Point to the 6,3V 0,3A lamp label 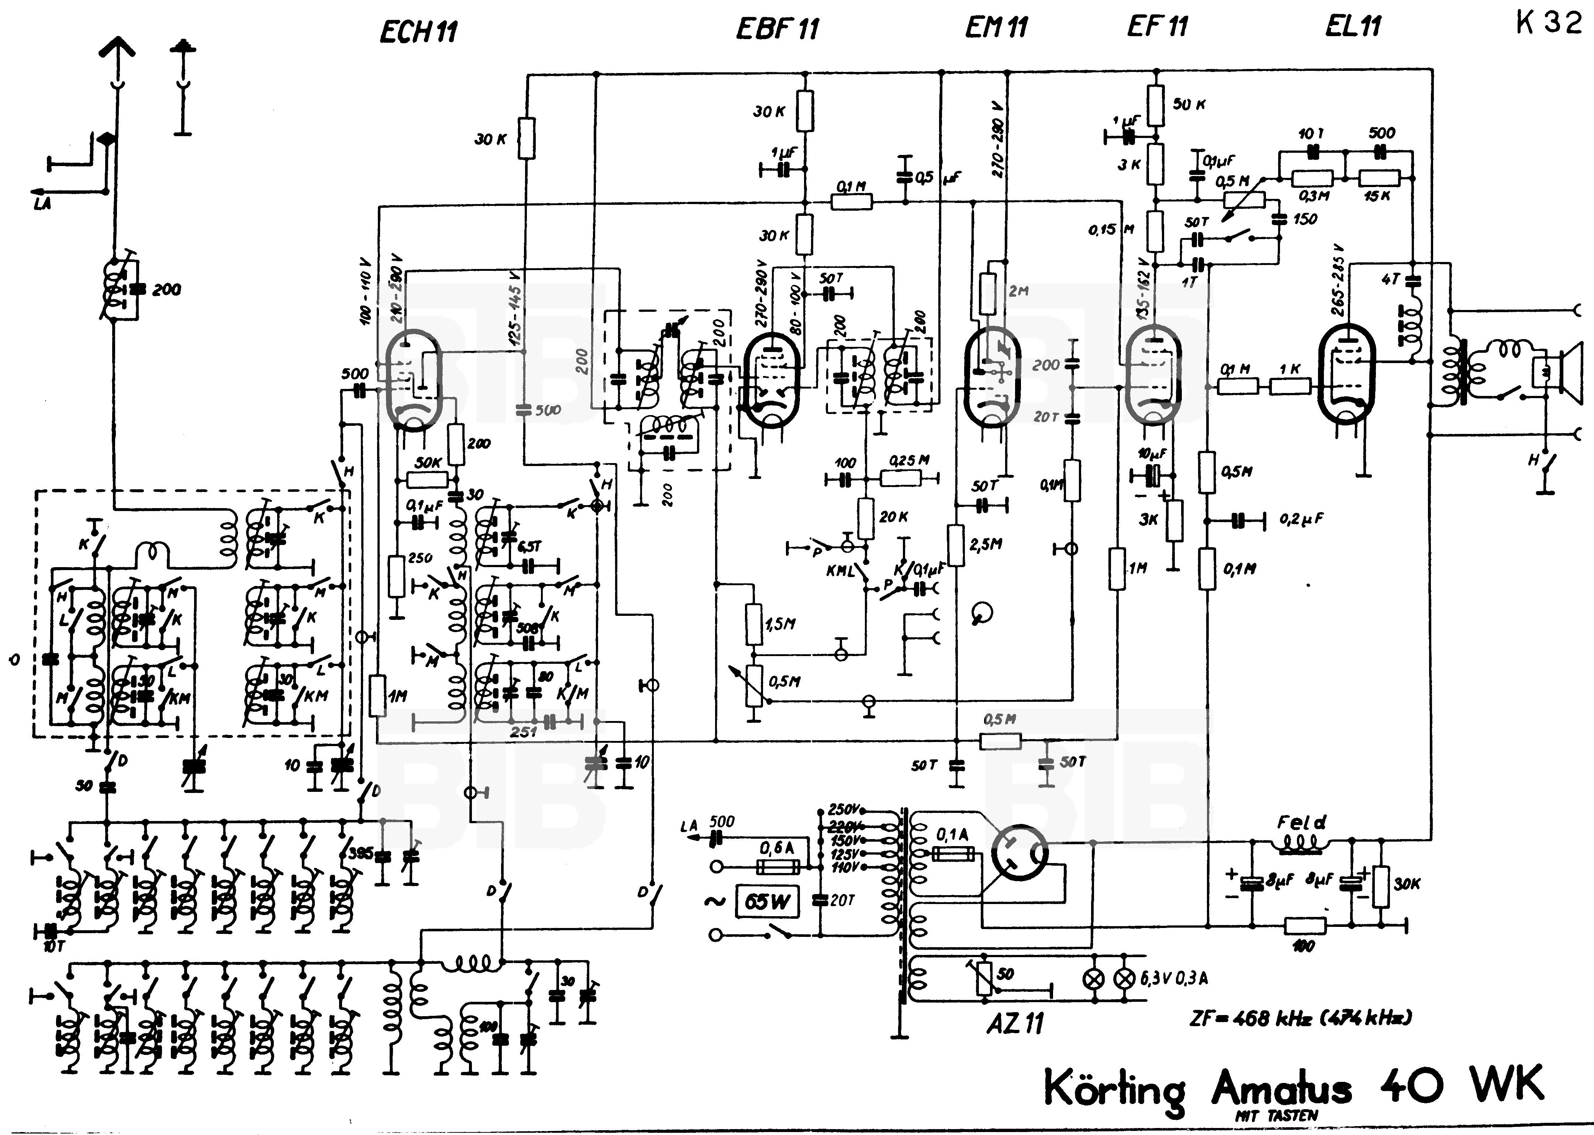(1174, 979)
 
